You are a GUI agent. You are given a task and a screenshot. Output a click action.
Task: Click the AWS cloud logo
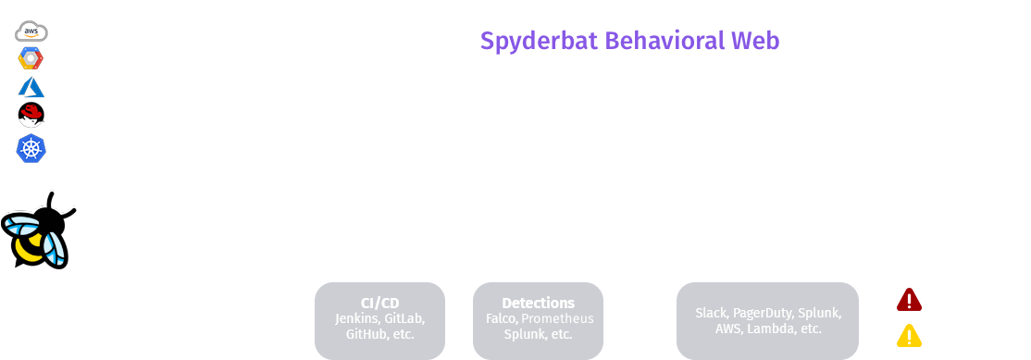31,31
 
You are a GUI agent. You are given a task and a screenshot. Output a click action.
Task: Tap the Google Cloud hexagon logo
31,59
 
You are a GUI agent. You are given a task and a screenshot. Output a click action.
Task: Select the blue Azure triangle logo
31,88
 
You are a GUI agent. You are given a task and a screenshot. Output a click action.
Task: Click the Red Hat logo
31,116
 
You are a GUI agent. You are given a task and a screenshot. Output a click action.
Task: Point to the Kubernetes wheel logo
31,146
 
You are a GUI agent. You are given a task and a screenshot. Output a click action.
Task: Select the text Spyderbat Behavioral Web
629,42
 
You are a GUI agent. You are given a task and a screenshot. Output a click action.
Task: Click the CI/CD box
379,319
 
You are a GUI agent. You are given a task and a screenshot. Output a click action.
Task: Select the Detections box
538,319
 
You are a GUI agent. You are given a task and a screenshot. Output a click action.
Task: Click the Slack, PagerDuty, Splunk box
768,320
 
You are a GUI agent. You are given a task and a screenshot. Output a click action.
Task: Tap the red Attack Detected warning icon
909,300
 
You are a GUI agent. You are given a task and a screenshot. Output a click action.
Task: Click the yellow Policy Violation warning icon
909,336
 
